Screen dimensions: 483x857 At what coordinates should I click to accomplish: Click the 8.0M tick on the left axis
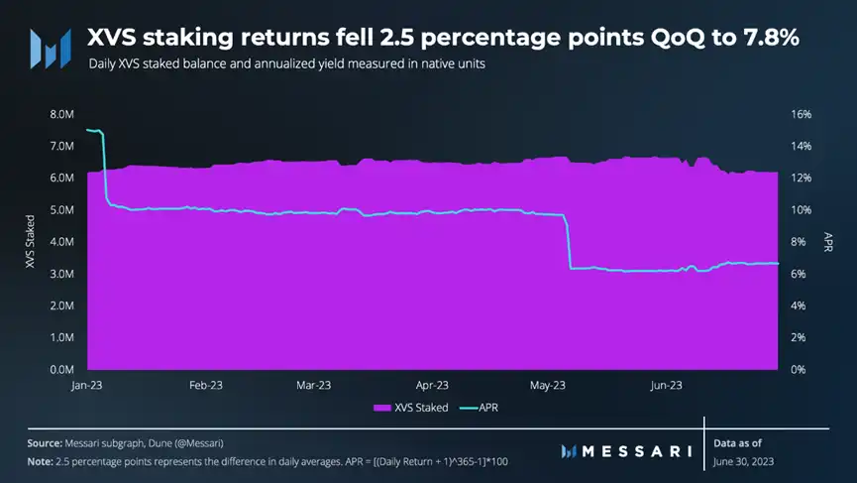tap(60, 114)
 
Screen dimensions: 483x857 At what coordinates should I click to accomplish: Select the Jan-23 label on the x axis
tap(87, 385)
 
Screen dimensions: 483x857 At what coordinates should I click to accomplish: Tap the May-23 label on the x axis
tap(548, 385)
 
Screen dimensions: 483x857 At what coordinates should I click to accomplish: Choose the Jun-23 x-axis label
tap(665, 385)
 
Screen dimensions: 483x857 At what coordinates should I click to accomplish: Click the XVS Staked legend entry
tap(410, 408)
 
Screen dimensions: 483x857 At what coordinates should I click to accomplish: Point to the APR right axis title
tap(828, 241)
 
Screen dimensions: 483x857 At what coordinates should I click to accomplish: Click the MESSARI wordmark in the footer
tap(628, 451)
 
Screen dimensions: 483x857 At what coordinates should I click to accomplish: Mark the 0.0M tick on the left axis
tap(60, 369)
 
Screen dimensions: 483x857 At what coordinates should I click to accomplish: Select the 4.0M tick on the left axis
tap(60, 242)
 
